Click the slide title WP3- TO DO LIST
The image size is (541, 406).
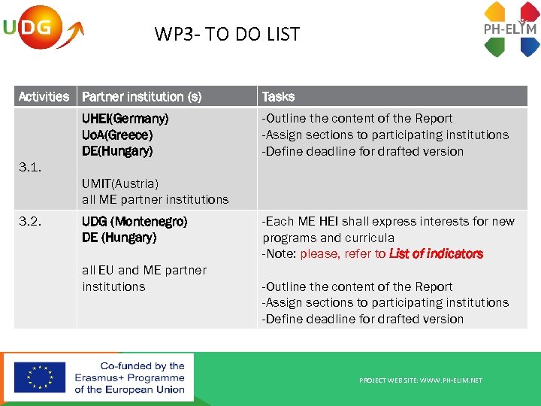click(x=227, y=34)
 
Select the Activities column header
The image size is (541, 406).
click(x=44, y=96)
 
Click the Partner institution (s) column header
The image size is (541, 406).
click(x=141, y=96)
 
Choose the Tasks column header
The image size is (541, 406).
click(x=278, y=96)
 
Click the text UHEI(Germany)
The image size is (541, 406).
click(x=125, y=119)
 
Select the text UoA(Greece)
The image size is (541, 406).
click(x=117, y=135)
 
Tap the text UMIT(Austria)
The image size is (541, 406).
click(x=120, y=183)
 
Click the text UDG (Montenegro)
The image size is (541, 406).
click(x=134, y=222)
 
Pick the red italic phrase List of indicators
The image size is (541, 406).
click(x=436, y=254)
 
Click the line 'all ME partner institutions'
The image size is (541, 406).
click(x=155, y=200)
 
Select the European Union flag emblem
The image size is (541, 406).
click(x=39, y=377)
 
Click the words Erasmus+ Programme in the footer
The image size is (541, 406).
click(x=129, y=377)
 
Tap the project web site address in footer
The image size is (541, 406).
click(x=421, y=380)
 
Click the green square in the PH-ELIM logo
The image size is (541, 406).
click(x=494, y=47)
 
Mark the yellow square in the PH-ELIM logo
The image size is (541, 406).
click(x=494, y=11)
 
